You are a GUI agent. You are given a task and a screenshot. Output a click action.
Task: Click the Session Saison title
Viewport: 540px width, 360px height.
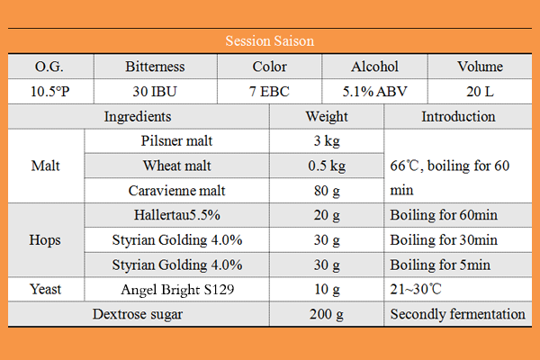[270, 41]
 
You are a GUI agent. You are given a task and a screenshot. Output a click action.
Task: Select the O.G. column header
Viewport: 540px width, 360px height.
[49, 67]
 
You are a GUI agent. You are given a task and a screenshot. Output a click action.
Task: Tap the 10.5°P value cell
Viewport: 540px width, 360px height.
[49, 91]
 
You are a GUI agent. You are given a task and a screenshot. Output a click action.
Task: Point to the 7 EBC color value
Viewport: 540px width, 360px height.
[270, 91]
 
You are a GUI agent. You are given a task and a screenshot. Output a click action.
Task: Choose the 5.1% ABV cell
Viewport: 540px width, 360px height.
[373, 91]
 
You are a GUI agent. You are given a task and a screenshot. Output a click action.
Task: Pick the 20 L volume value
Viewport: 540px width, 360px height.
[481, 91]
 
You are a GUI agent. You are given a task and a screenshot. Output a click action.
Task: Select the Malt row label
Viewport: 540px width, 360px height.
[46, 166]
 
